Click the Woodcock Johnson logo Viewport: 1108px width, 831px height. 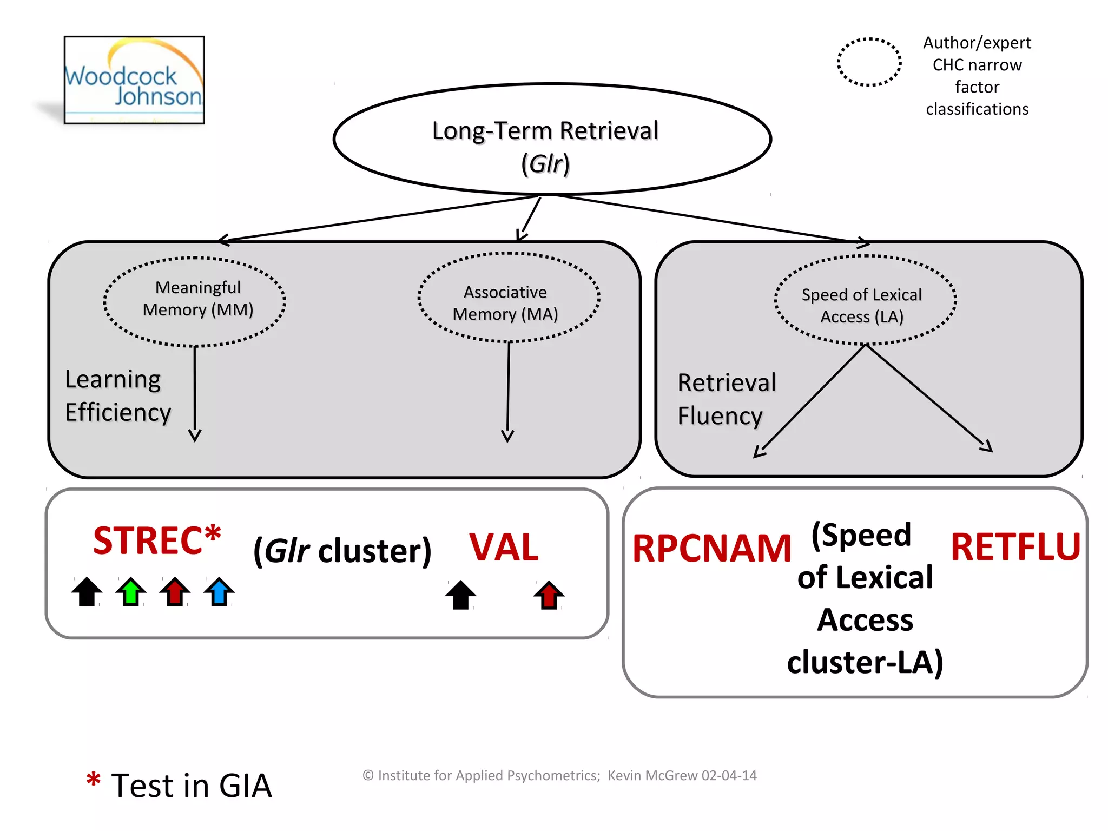pos(134,80)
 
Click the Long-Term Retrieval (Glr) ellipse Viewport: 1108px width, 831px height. pos(552,140)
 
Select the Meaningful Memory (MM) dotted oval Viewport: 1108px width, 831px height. pos(195,301)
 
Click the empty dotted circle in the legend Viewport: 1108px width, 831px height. pos(869,62)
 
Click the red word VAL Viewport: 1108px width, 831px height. pos(503,548)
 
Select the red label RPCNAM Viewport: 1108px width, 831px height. pos(711,549)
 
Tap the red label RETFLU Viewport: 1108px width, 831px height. pos(1015,547)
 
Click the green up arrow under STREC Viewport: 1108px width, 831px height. pos(131,591)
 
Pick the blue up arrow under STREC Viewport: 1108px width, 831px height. pos(219,591)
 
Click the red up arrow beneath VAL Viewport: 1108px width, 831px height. pos(549,595)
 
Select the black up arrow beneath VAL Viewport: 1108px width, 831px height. pos(460,595)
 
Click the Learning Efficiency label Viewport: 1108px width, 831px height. pos(117,396)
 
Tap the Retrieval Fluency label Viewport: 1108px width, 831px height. pos(726,399)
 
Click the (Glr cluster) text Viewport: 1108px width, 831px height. pos(342,551)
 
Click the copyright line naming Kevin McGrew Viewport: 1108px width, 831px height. pos(559,775)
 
